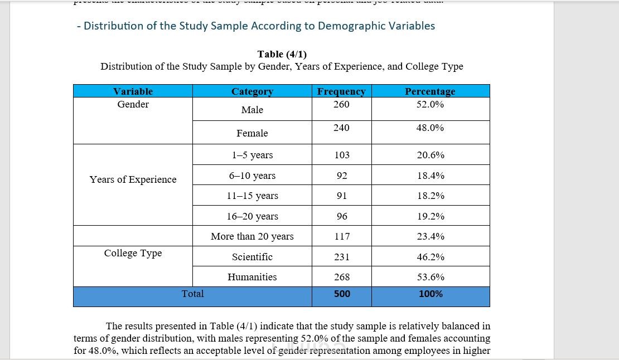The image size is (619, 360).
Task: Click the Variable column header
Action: coord(133,91)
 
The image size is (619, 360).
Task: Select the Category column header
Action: coord(252,91)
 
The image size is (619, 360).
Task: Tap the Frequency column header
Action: coord(341,91)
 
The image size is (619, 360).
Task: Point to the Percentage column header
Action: coord(430,91)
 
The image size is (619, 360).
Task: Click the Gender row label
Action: coord(133,104)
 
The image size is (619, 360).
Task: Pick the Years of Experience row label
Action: coord(133,179)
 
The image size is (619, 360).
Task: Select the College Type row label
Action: coord(133,253)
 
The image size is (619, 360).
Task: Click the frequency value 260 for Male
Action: coord(341,104)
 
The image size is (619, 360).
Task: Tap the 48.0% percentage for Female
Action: coord(430,128)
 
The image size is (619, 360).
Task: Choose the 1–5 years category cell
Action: coord(252,155)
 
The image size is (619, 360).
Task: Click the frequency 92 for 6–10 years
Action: coord(342,176)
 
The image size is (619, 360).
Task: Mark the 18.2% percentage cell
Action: coord(431,196)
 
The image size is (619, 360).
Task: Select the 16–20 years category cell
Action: coord(252,216)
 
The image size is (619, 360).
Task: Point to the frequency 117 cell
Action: coord(342,236)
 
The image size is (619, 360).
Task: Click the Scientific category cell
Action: coord(252,257)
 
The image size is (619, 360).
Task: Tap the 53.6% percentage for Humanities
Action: coord(431,277)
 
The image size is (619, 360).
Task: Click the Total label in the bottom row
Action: coord(192,294)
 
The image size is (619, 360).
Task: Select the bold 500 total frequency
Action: coord(342,294)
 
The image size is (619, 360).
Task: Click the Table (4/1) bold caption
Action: coord(282,54)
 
